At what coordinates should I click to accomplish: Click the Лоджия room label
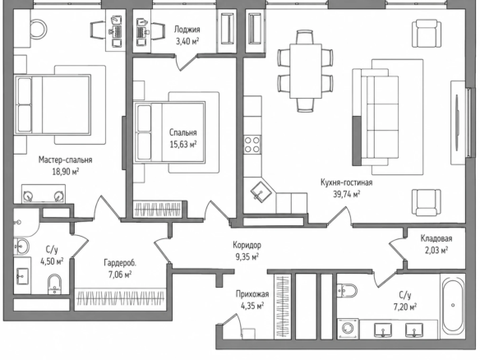187,30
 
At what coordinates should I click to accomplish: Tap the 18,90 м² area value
66,171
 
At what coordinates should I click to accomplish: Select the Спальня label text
183,132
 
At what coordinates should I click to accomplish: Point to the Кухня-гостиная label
347,182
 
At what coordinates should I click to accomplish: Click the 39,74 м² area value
347,194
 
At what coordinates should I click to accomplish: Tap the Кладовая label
436,238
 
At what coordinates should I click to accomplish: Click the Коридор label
247,245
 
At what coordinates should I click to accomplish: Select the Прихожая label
252,294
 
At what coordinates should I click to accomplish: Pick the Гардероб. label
120,263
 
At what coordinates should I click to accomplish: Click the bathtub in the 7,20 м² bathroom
453,305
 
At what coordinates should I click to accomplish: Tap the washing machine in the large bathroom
348,329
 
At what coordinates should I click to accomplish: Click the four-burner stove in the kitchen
252,145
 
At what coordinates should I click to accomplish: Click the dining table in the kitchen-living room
306,71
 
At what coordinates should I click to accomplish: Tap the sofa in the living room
376,118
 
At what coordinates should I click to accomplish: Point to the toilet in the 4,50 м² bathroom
54,284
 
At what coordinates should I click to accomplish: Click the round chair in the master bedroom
38,29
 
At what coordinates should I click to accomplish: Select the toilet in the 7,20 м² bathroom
347,290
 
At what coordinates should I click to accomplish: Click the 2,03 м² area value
436,251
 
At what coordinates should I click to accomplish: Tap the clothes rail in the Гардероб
120,298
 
